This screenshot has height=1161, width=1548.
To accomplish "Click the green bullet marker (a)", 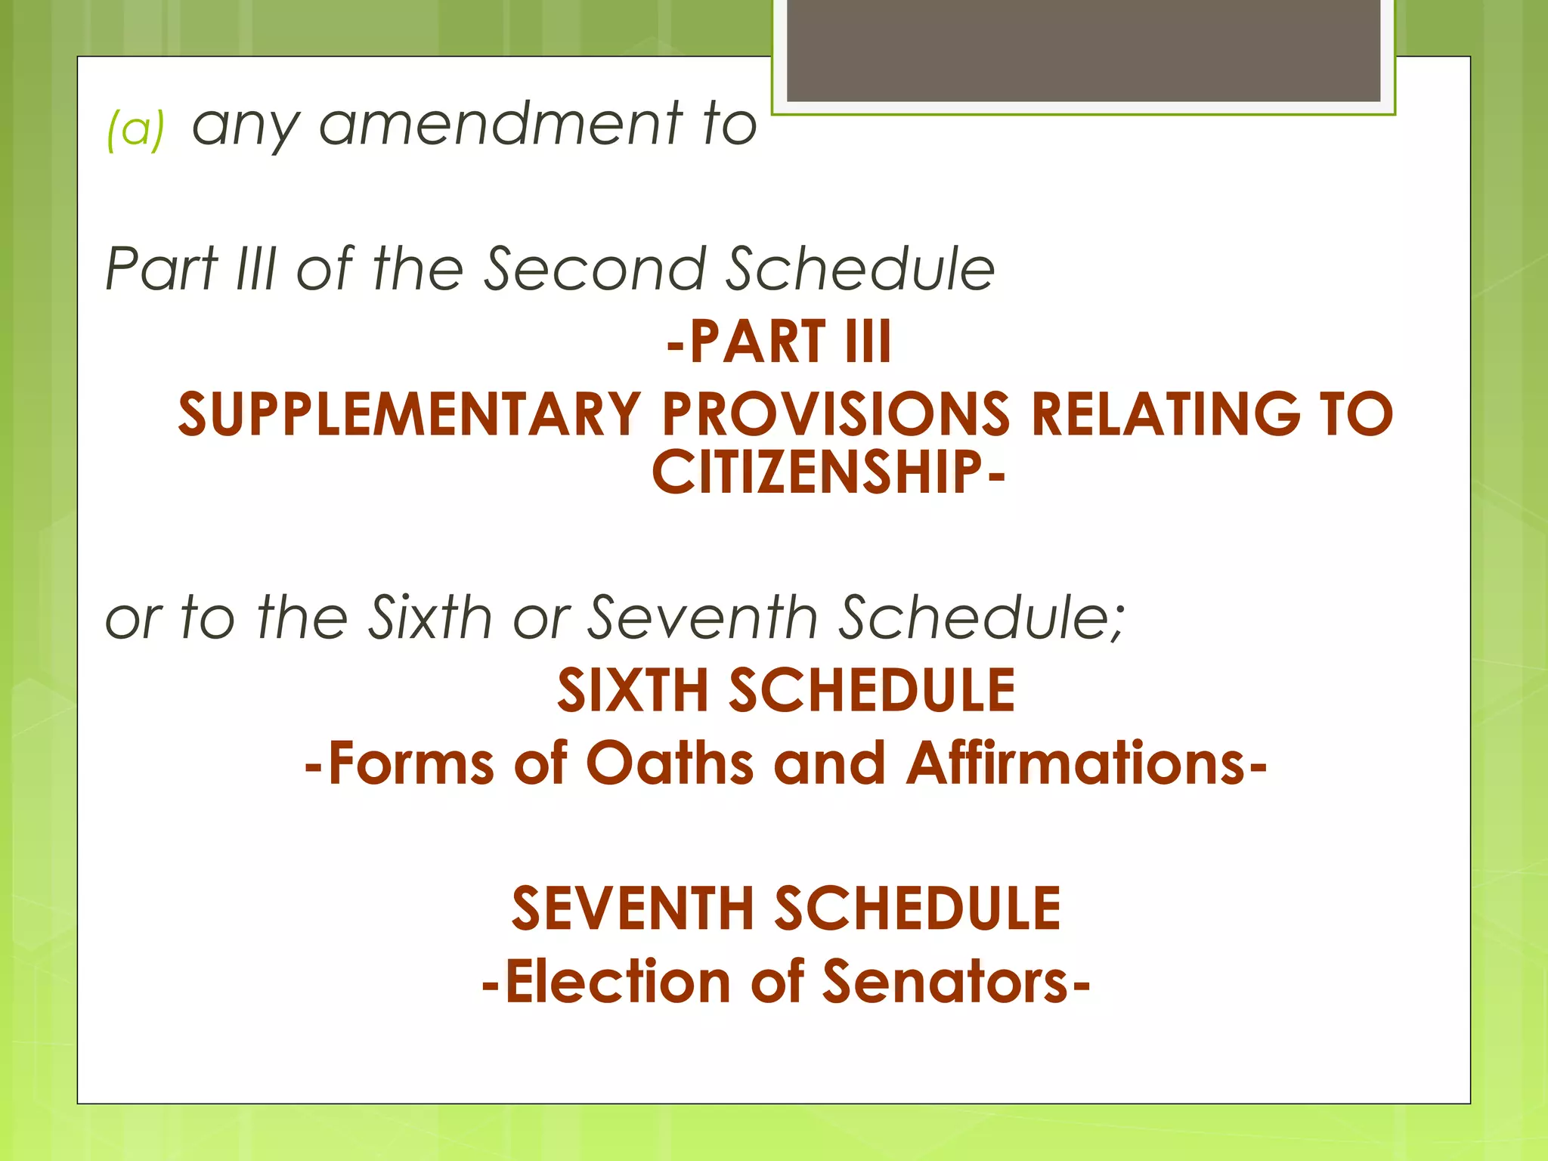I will [x=135, y=128].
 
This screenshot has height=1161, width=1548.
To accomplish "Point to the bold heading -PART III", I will [x=779, y=342].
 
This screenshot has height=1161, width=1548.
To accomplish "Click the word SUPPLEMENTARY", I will [x=410, y=414].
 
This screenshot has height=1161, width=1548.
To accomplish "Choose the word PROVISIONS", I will [x=836, y=414].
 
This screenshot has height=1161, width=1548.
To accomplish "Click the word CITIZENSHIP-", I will [x=828, y=472].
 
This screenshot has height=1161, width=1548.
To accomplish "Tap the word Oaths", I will [x=670, y=763].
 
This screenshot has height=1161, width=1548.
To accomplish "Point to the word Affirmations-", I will [x=1086, y=763].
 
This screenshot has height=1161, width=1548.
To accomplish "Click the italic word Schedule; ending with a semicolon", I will [x=983, y=618].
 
